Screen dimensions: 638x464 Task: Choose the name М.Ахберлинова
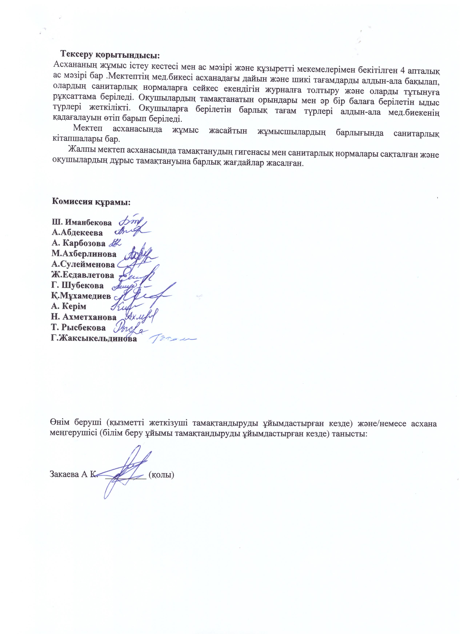pos(84,254)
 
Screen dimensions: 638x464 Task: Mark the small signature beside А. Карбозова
pos(115,243)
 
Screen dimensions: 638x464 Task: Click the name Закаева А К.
pos(73,475)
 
